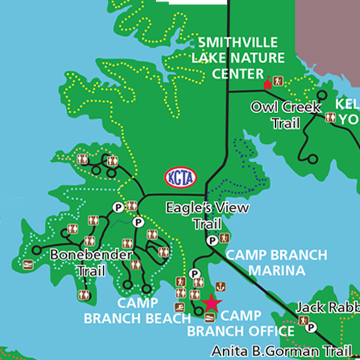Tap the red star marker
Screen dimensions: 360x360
point(211,302)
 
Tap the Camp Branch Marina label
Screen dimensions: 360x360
point(276,263)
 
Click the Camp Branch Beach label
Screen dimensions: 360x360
point(130,310)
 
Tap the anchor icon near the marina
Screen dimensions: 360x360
point(225,238)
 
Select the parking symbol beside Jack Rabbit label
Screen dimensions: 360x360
point(311,327)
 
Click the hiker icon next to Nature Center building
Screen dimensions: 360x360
point(282,81)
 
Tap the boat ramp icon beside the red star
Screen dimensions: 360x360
point(210,318)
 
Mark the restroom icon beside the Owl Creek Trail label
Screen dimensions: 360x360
point(329,117)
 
